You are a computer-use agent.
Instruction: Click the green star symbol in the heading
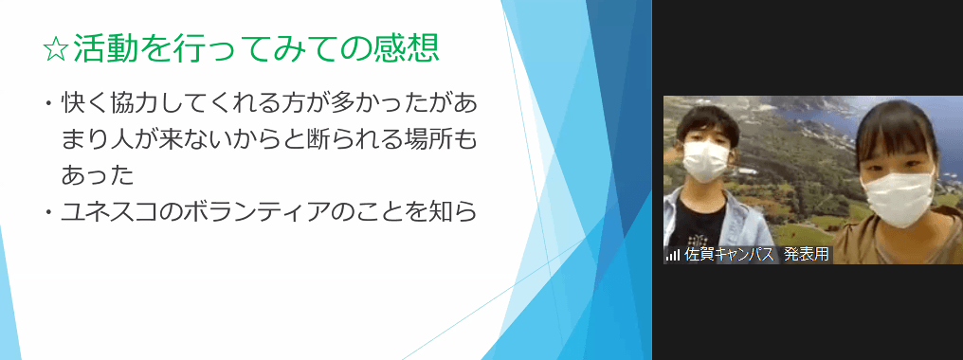[56, 49]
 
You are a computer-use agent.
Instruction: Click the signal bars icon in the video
[673, 255]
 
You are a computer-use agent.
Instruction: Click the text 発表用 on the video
[806, 254]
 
